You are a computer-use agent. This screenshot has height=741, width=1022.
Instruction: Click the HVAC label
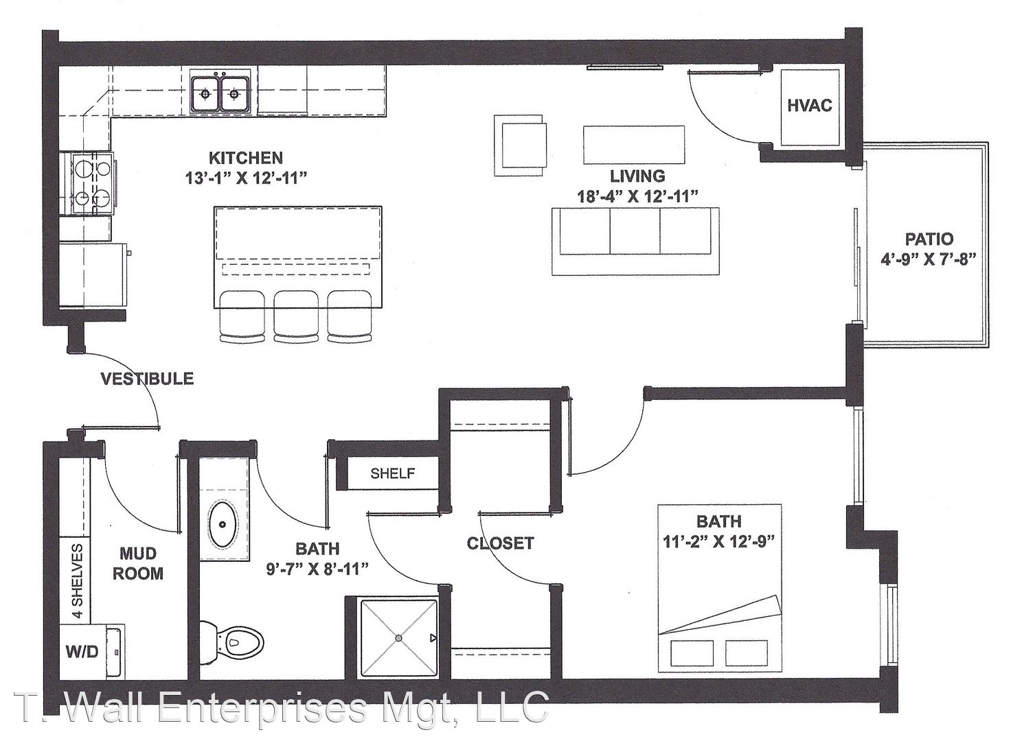click(809, 105)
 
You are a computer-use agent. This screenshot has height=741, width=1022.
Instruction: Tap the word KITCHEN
click(245, 158)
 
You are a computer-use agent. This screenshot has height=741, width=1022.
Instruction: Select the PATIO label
click(929, 239)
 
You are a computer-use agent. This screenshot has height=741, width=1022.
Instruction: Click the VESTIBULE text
click(147, 379)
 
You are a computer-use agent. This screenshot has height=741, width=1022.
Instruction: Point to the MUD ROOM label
click(138, 564)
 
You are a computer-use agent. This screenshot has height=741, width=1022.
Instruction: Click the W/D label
click(82, 652)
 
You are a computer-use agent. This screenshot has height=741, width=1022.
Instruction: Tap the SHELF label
click(392, 473)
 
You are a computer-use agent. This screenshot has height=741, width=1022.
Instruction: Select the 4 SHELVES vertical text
click(78, 580)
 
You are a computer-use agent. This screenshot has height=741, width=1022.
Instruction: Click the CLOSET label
click(500, 543)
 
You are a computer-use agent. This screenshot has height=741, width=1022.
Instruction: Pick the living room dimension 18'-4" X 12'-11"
click(638, 197)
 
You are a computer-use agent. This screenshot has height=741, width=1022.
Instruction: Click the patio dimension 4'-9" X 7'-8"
click(929, 260)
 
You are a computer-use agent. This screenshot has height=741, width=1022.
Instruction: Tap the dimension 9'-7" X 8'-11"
click(317, 569)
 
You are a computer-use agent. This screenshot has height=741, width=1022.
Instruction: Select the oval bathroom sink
click(223, 525)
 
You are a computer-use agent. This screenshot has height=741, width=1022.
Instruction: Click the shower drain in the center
click(399, 638)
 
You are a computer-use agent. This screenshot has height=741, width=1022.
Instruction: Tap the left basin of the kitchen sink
click(206, 94)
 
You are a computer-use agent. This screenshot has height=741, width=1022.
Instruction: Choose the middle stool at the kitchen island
click(296, 317)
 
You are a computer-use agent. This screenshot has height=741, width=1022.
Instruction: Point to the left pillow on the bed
click(692, 653)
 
